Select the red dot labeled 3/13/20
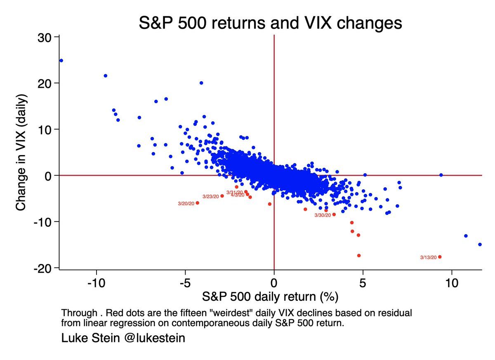tap(440, 257)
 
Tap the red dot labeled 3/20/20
tap(197, 203)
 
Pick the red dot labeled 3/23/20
tap(222, 196)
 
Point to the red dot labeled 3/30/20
tap(334, 214)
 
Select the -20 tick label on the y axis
tap(44, 268)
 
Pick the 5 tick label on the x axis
tap(363, 285)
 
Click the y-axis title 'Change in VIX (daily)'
tap(22, 152)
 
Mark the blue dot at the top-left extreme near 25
tap(61, 60)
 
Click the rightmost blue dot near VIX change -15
tap(480, 245)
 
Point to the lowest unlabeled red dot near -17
tap(359, 256)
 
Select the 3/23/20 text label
tap(210, 197)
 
